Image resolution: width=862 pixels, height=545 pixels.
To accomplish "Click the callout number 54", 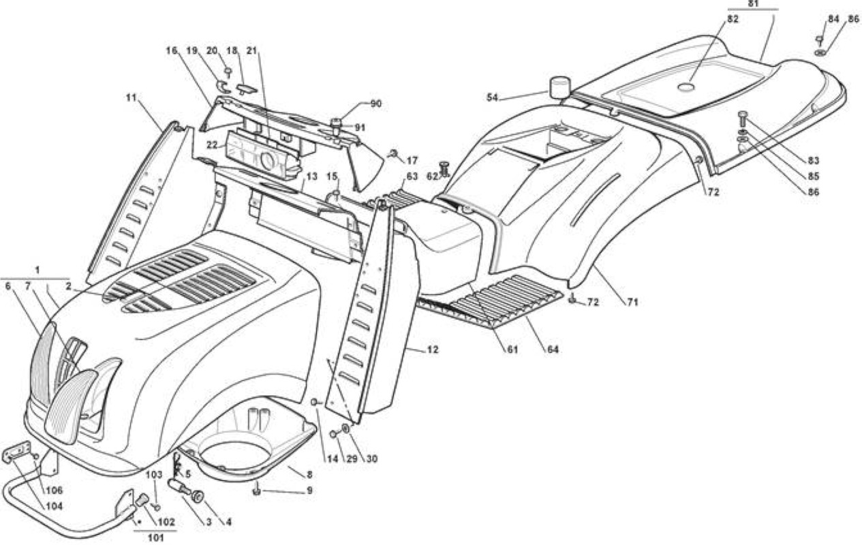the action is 492,97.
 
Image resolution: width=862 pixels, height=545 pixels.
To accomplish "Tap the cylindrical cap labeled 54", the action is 559,88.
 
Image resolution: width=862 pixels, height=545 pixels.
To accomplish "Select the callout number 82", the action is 733,19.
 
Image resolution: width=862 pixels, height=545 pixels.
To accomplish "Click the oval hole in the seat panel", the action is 686,87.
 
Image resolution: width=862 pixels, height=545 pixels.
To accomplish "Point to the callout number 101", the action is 155,538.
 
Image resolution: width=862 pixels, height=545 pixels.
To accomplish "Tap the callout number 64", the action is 553,349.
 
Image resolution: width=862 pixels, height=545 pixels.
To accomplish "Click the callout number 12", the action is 433,349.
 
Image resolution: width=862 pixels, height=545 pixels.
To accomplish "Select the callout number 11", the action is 132,97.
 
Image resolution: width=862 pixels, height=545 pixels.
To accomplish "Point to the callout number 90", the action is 376,104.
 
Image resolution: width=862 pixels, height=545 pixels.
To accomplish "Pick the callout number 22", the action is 212,145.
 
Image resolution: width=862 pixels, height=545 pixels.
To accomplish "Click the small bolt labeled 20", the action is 228,72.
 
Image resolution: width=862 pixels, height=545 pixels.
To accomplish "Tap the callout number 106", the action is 55,490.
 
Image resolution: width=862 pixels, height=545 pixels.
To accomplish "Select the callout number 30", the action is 371,459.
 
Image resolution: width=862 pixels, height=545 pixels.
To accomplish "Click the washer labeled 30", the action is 346,428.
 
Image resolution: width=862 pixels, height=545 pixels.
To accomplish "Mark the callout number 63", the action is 412,176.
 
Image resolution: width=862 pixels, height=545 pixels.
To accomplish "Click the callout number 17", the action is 412,160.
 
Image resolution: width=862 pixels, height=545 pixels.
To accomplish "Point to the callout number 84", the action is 833,19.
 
